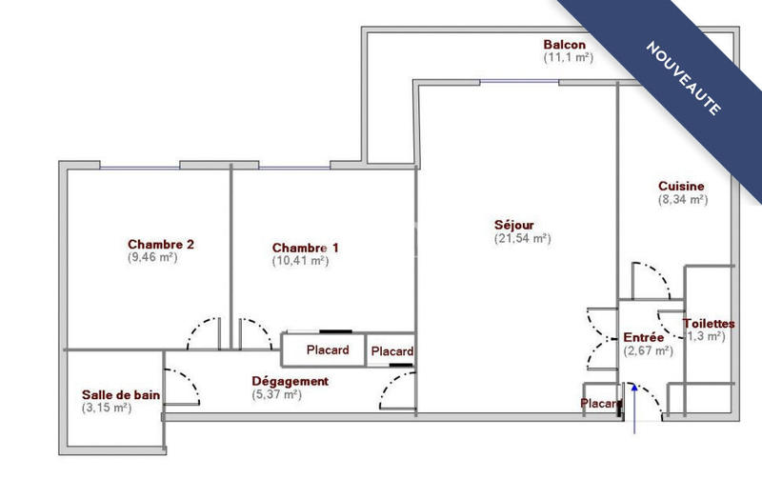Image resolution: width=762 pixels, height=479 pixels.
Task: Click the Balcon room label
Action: pos(564,45)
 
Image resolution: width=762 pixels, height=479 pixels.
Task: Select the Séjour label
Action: pos(513,226)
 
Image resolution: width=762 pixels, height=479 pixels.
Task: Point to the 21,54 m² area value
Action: pos(522,239)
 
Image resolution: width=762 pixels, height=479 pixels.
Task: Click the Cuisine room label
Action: pos(681,187)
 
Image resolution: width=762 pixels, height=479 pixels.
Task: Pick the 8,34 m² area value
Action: pos(682,200)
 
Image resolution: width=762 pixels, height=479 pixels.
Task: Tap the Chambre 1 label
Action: pos(305,248)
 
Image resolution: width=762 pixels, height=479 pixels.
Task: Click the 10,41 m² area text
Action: pos(300,261)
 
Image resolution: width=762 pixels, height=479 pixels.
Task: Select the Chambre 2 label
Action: pos(161,244)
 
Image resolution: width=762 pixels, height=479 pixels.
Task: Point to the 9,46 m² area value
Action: pos(152,257)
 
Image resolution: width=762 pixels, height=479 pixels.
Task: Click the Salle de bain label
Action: pos(121,395)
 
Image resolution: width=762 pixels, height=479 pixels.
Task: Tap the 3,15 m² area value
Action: pos(107,409)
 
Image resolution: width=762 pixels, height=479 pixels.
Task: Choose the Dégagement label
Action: pos(290,382)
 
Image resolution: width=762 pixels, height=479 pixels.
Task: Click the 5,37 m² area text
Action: pos(276,395)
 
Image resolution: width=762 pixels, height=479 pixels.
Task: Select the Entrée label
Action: pos(644,338)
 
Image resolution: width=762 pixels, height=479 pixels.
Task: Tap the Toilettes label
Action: pos(709,324)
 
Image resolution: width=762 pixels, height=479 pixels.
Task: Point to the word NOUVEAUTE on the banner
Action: pos(683,78)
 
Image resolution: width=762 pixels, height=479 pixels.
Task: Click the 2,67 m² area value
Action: pos(648,351)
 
